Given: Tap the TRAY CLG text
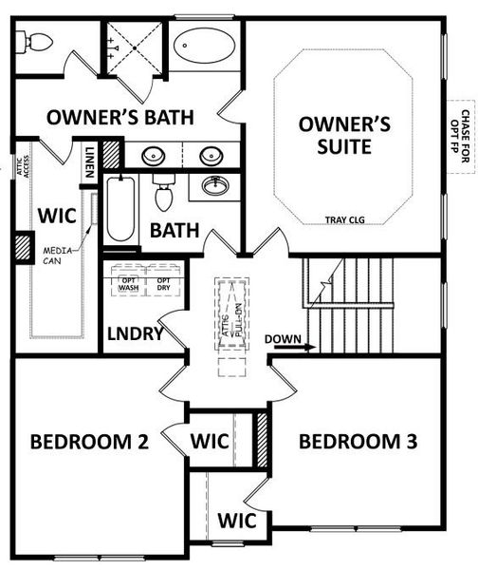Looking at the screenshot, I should (343, 219).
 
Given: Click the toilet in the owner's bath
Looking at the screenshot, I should (36, 42).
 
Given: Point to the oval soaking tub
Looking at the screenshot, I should (205, 46).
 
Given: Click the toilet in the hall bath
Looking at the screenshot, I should (163, 194).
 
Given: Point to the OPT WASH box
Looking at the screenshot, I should (129, 282).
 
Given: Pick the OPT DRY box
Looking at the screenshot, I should (163, 282).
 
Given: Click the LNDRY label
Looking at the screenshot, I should (136, 333).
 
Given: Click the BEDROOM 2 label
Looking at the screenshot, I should (89, 442).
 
